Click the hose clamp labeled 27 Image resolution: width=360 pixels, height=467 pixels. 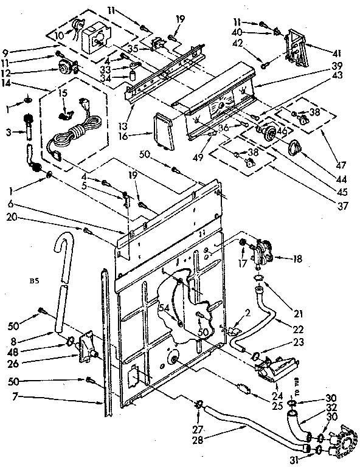tap(198, 404)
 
